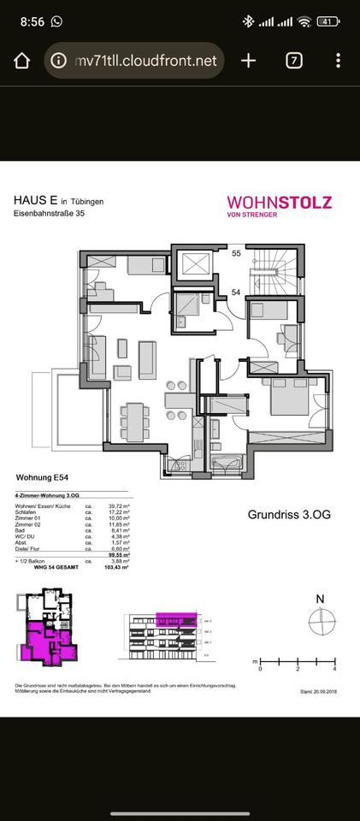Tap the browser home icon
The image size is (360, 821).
click(x=22, y=61)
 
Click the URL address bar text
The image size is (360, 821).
click(x=145, y=61)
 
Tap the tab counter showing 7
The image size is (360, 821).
click(x=294, y=61)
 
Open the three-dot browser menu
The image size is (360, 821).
click(x=339, y=61)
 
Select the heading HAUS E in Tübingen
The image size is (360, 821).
click(x=58, y=200)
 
